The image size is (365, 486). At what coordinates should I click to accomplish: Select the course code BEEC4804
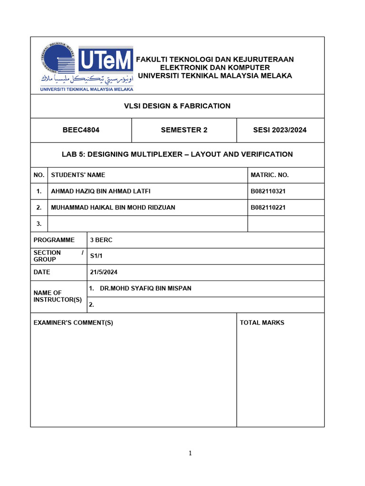tap(81, 130)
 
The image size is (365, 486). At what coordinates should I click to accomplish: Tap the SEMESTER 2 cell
tap(184, 130)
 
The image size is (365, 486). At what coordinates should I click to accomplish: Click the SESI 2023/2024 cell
tap(280, 130)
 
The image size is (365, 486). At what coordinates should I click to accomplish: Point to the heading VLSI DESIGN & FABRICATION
tap(177, 106)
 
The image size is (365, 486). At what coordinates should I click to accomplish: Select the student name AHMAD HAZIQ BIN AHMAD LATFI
tap(104, 191)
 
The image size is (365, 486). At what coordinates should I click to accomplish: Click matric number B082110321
tap(268, 191)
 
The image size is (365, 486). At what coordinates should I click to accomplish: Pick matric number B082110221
tap(268, 207)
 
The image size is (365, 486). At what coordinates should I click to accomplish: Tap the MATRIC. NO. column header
tap(269, 175)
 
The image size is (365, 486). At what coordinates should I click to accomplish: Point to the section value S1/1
tap(96, 256)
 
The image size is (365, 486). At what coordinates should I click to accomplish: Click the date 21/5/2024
tap(104, 272)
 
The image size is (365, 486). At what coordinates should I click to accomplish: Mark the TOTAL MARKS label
tap(262, 323)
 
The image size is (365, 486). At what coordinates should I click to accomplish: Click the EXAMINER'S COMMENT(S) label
tap(73, 323)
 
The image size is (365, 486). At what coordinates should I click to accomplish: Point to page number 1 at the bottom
tap(190, 453)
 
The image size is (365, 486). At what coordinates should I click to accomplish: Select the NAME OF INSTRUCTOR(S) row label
tap(58, 297)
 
